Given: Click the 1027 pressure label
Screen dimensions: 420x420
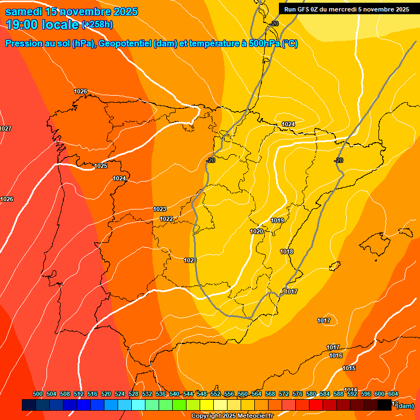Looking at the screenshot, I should click(x=5, y=129).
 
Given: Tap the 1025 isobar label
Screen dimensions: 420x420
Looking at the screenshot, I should click(x=101, y=166).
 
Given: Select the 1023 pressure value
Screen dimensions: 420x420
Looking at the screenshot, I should click(x=160, y=209).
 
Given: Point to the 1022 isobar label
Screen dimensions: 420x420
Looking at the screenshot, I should click(x=166, y=219).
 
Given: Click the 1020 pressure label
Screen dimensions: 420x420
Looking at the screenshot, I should click(x=256, y=231).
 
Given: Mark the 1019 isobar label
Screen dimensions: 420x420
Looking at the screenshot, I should click(x=277, y=220).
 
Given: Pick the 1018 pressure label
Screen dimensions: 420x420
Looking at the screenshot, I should click(x=287, y=252).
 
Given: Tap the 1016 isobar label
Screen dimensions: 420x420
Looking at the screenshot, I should click(x=336, y=355).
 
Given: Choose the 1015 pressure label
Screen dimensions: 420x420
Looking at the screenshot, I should click(x=349, y=368).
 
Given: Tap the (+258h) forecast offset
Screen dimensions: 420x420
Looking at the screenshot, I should click(x=97, y=25).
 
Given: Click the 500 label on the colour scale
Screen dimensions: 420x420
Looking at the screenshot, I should click(x=38, y=394).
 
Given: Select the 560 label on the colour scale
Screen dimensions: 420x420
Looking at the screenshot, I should click(x=243, y=394).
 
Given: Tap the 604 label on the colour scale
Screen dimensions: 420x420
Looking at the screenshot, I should click(x=393, y=394).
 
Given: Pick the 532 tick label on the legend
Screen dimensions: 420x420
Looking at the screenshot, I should click(x=147, y=394).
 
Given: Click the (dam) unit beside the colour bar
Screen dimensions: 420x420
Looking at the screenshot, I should click(x=405, y=406).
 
